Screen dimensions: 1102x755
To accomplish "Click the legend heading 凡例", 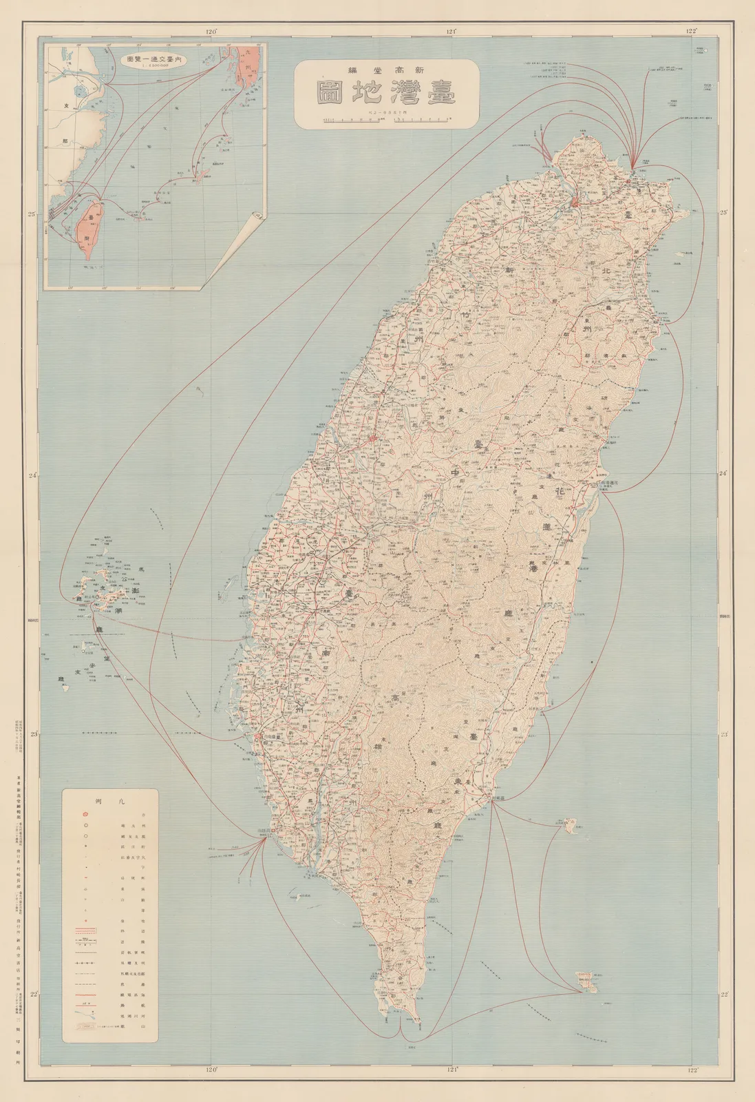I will point(110,802).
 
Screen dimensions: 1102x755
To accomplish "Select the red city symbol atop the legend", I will point(85,813).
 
